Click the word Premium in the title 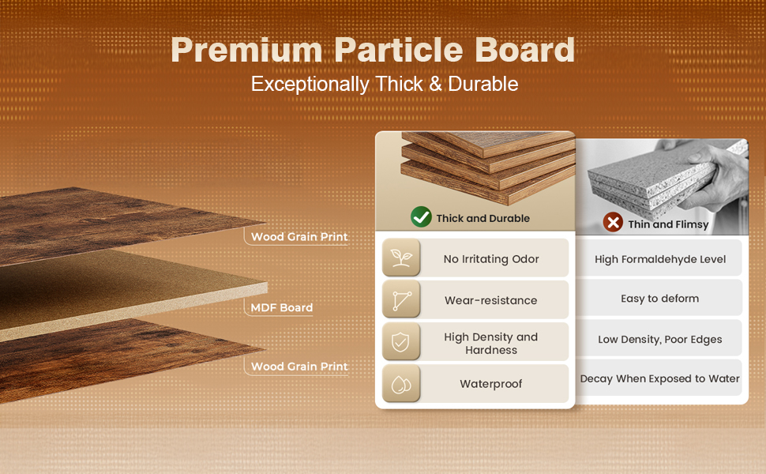point(246,51)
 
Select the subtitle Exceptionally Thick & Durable point(385,84)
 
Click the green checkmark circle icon point(421,217)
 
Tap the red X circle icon point(613,222)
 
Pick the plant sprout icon point(401,258)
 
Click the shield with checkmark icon point(400,341)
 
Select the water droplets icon point(401,384)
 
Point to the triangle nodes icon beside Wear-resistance point(402,300)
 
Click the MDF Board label point(281,308)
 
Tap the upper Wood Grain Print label point(299,237)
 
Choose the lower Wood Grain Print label point(299,367)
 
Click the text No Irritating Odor point(491,259)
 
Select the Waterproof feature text point(491,384)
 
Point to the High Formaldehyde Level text point(660,259)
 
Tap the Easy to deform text point(660,299)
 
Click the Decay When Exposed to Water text point(660,378)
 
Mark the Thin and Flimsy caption point(668,224)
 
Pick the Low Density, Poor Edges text point(660,340)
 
